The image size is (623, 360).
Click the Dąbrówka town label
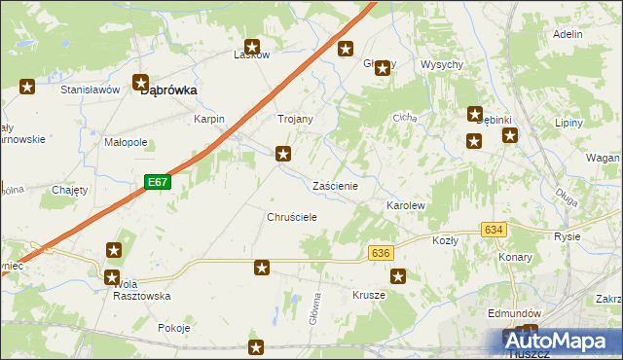[169, 90]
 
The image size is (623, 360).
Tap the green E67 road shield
[159, 182]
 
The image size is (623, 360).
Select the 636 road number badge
[381, 252]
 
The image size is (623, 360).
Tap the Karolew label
[406, 206]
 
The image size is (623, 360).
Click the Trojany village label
[296, 119]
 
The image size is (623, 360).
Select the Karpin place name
[209, 119]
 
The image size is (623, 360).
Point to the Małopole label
[126, 141]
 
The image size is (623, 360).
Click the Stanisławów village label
[90, 89]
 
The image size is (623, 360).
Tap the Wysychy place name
[441, 64]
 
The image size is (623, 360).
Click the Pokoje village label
[173, 328]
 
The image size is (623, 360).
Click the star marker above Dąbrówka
[140, 84]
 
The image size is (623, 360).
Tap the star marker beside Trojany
[283, 153]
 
